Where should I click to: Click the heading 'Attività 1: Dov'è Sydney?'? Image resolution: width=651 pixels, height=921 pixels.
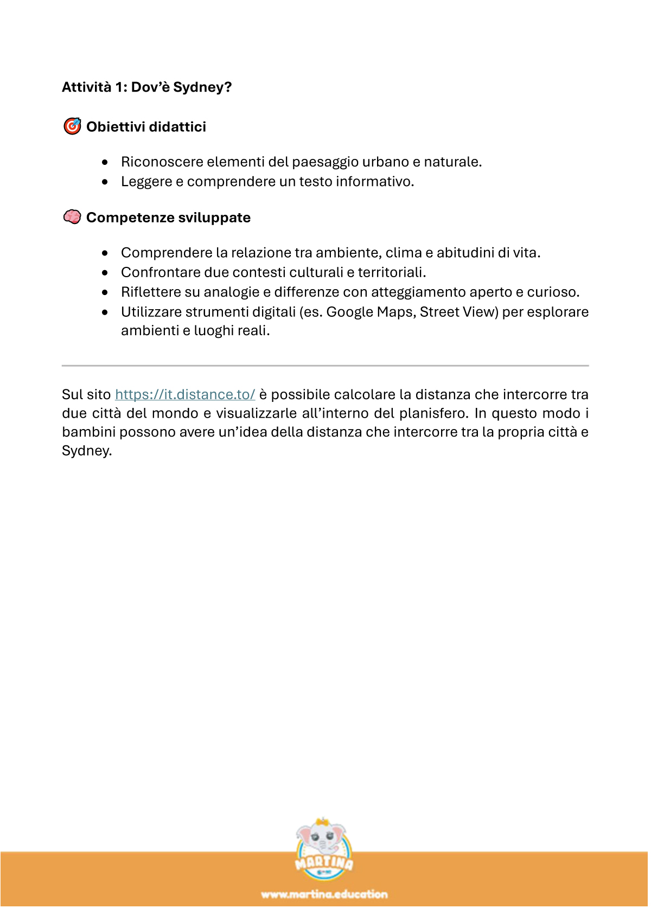click(x=146, y=87)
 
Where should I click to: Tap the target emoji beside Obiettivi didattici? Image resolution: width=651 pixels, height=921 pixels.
click(x=72, y=126)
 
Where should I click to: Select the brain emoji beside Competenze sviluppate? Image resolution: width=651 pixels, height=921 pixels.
click(x=72, y=217)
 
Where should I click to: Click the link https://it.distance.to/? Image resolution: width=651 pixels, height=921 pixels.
click(x=185, y=394)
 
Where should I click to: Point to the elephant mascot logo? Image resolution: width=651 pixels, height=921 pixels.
click(x=324, y=848)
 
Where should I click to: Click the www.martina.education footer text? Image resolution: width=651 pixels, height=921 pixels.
click(x=324, y=894)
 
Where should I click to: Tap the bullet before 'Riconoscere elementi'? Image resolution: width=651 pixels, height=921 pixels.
click(x=105, y=162)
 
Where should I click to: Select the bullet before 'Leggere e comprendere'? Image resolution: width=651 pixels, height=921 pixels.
click(x=105, y=182)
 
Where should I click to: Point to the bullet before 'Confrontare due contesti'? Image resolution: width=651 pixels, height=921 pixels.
click(x=105, y=272)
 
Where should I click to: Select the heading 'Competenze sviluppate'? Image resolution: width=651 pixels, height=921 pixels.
click(x=168, y=218)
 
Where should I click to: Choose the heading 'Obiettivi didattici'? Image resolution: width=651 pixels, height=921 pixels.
click(x=146, y=127)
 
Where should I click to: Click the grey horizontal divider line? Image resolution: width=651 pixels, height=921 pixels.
click(x=325, y=366)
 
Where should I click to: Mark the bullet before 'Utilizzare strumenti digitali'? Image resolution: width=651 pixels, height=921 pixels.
click(x=105, y=312)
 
